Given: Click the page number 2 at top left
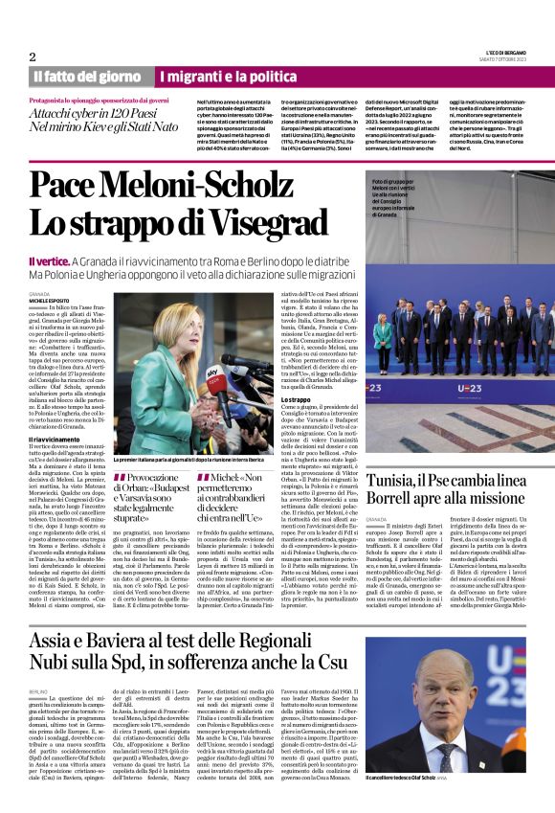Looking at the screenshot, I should pos(33,56).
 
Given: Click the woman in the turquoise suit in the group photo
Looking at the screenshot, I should pos(383,336).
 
